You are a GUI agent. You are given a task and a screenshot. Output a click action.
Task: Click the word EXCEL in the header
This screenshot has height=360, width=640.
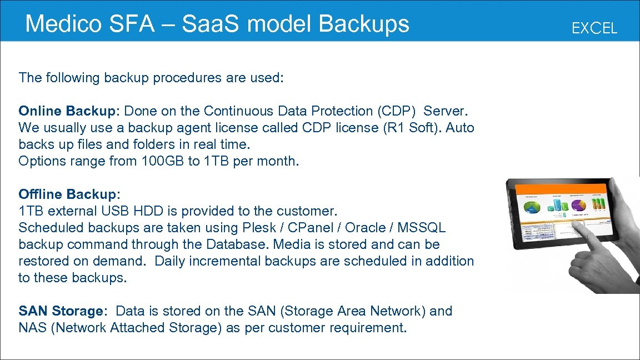594,28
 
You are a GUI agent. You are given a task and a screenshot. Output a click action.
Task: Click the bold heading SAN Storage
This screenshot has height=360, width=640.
61,311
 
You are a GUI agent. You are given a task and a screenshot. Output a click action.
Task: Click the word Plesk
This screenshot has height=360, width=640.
259,228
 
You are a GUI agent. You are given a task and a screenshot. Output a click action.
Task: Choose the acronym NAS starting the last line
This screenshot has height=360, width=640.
32,328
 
